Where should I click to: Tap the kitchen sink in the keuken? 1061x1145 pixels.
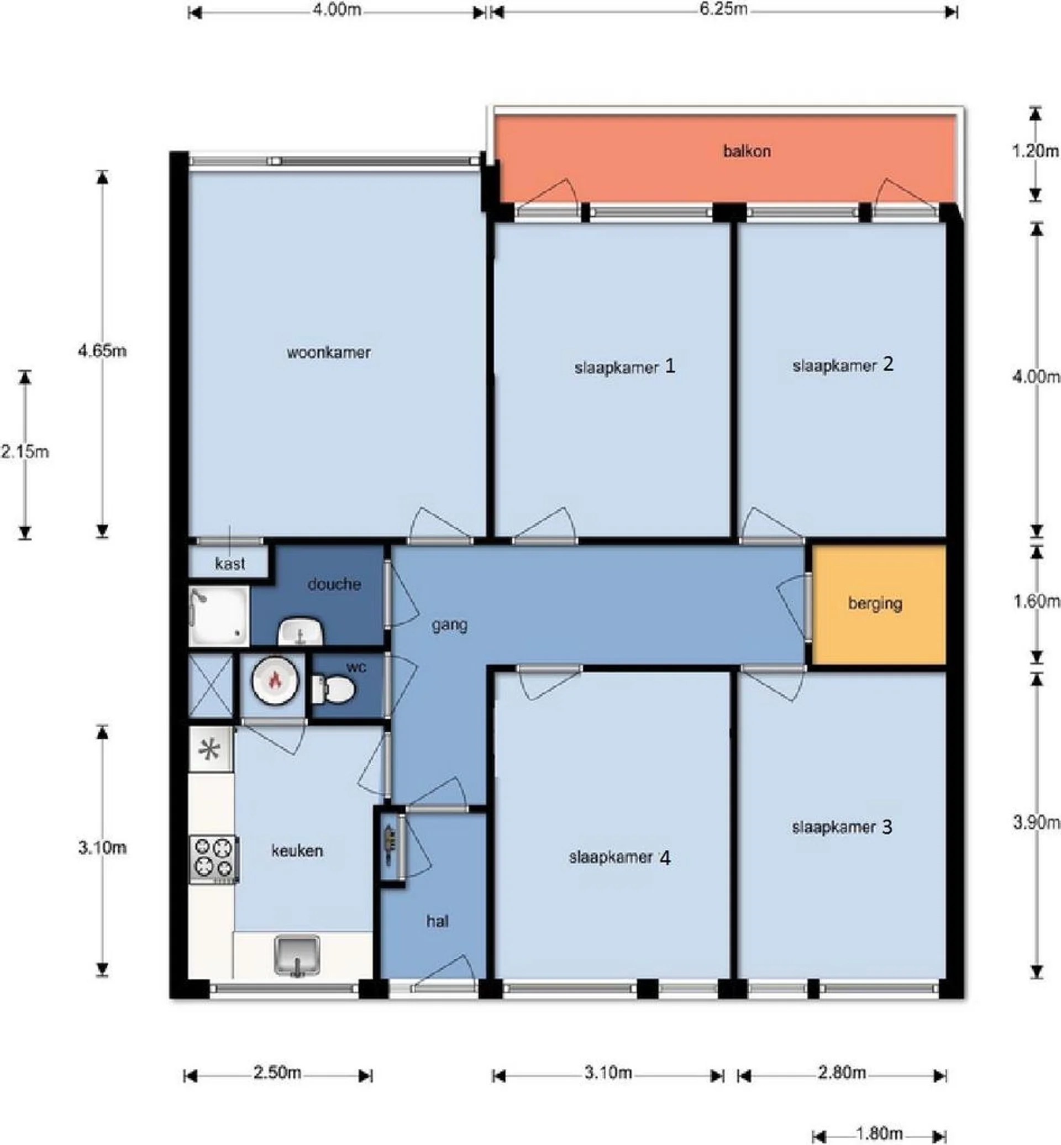[x=296, y=955]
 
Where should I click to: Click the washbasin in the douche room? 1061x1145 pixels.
[x=301, y=632]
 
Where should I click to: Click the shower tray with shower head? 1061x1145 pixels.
[x=219, y=616]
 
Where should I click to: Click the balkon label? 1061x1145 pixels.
[x=747, y=151]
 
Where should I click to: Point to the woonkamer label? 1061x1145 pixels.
[x=328, y=352]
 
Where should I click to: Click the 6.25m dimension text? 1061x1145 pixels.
[x=723, y=9]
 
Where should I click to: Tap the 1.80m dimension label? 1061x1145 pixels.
[x=879, y=1133]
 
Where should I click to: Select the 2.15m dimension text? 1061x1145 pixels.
[x=25, y=451]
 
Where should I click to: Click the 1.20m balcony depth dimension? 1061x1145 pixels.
[x=1035, y=151]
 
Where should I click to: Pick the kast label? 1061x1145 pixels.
[x=230, y=564]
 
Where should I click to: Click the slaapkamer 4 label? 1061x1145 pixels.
[x=619, y=858]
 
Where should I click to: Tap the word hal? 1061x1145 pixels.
[x=438, y=921]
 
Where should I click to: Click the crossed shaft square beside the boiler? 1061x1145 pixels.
[x=211, y=686]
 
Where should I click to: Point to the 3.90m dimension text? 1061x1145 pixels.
[x=1036, y=822]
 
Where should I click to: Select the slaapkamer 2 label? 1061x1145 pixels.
[x=843, y=365]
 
